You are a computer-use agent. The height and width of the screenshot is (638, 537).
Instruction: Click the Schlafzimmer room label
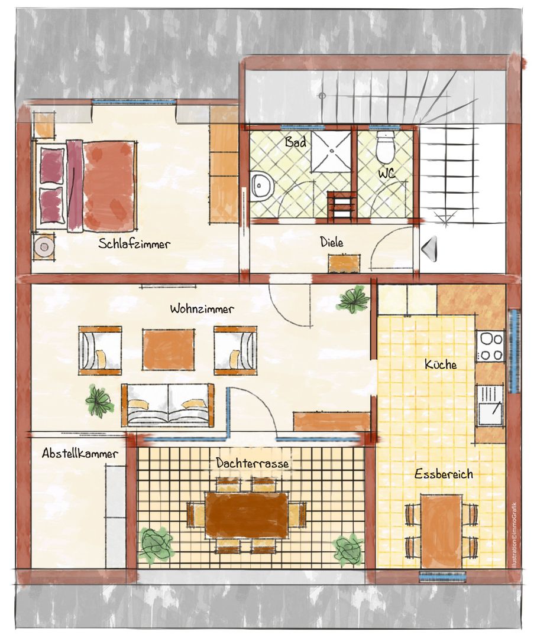134,244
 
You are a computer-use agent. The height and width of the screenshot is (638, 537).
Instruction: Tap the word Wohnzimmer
202,308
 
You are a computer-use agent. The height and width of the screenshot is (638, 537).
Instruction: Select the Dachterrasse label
252,463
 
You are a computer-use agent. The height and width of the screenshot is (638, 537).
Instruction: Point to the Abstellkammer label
80,453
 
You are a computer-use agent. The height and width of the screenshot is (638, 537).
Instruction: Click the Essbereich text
444,474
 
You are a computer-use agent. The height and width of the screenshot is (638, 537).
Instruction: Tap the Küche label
441,364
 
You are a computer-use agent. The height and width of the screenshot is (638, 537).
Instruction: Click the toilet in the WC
384,147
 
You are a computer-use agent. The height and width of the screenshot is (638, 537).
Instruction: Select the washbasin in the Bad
262,186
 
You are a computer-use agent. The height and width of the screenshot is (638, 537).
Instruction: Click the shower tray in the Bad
331,151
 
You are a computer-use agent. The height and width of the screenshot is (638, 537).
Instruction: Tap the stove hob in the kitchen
490,346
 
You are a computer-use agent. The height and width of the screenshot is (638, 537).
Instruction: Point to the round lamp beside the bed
43,246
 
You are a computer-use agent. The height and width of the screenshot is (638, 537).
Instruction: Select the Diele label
332,242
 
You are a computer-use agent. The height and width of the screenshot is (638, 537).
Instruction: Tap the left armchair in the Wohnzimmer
100,350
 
